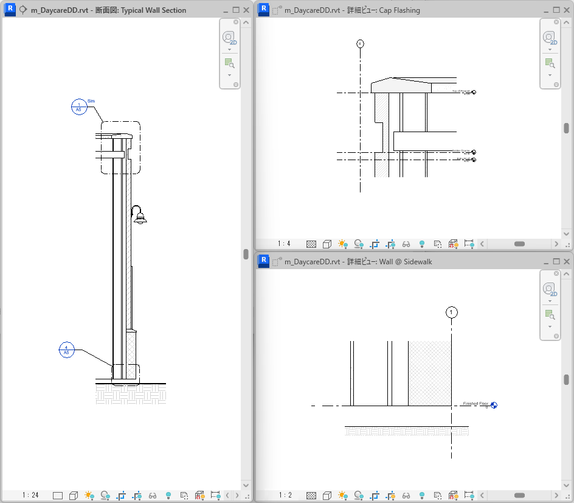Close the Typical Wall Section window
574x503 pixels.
[x=246, y=10]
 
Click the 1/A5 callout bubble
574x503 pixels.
[x=78, y=107]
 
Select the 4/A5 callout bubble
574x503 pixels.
[x=66, y=350]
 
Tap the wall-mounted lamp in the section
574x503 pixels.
[x=139, y=216]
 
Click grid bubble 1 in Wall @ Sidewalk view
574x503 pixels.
[x=451, y=312]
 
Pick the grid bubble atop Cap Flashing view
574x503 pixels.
[x=360, y=44]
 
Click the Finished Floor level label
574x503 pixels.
[x=475, y=404]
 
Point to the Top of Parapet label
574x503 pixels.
[x=461, y=91]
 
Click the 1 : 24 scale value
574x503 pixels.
[x=30, y=495]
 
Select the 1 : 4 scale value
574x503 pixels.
[x=284, y=244]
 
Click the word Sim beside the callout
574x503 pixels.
[x=91, y=100]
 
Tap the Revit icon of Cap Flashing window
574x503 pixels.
[x=264, y=10]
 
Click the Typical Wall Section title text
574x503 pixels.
[x=153, y=10]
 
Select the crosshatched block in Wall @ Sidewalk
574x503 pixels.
[x=429, y=373]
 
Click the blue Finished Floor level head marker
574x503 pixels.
[x=494, y=405]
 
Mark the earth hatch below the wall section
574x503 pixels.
[x=131, y=394]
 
